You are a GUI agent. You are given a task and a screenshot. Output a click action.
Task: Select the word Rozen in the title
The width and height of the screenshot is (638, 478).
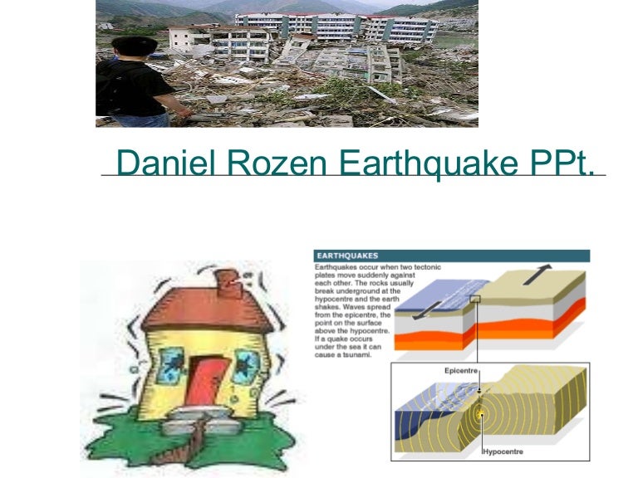(x=258, y=164)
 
